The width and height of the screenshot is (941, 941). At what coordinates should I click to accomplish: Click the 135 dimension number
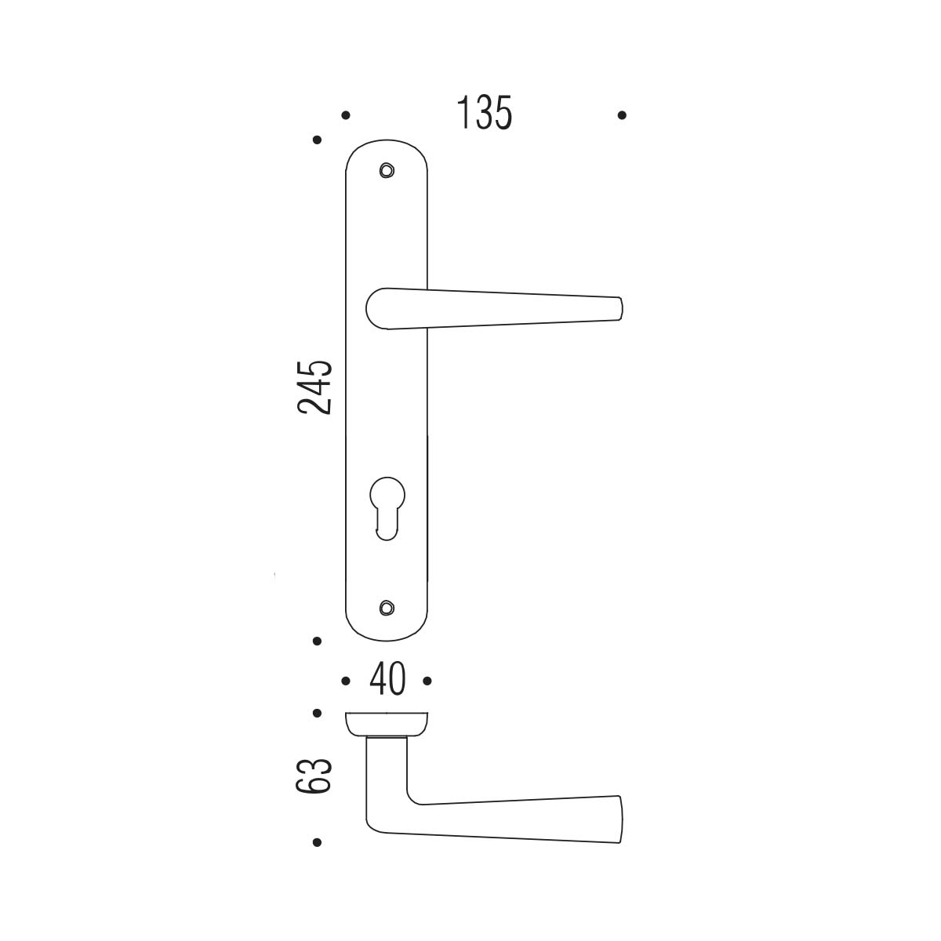(x=485, y=113)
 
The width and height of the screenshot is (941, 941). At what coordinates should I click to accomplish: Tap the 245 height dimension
(x=315, y=387)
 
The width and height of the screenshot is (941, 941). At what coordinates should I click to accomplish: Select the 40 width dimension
(x=387, y=679)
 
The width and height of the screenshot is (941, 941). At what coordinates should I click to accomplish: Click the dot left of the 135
(x=346, y=115)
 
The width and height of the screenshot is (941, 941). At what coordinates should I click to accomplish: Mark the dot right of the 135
(x=622, y=115)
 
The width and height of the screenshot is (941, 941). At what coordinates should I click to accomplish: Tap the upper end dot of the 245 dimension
(x=317, y=140)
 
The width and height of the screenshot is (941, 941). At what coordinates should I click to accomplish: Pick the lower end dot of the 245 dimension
(x=317, y=641)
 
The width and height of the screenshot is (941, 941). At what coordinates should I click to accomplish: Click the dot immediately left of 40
(x=346, y=681)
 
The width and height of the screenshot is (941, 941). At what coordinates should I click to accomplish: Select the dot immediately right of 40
(x=427, y=681)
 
